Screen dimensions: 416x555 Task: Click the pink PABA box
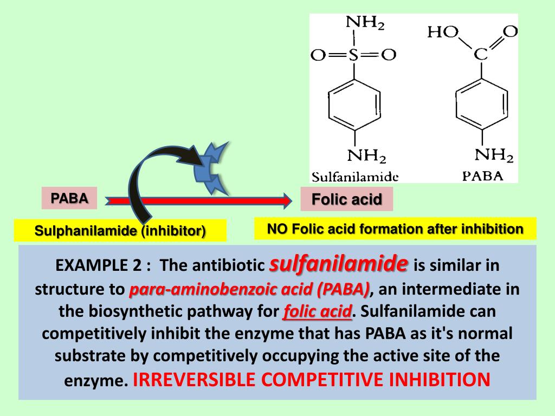(69, 198)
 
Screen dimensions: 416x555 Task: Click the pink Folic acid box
(346, 199)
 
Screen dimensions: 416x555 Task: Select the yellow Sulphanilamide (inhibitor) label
(120, 231)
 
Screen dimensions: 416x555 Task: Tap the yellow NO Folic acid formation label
(395, 229)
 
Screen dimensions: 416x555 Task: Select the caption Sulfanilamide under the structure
(355, 177)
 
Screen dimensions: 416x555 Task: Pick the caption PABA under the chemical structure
(482, 175)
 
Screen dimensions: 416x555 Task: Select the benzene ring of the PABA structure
(482, 105)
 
